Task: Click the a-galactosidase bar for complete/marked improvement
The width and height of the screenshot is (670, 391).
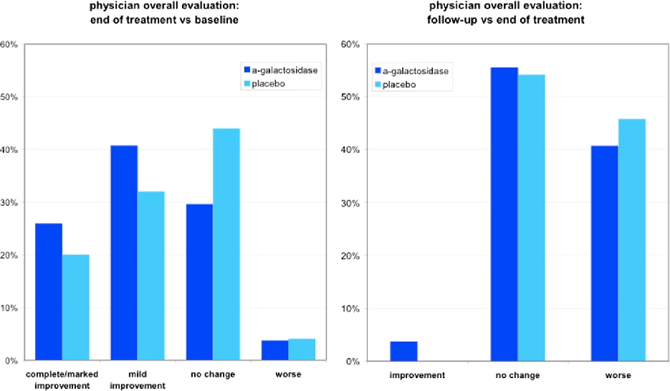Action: [48, 292]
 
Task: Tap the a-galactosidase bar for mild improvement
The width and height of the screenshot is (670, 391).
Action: [123, 253]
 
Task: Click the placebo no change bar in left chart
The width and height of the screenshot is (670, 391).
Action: [226, 245]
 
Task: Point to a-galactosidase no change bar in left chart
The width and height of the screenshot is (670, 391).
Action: [199, 283]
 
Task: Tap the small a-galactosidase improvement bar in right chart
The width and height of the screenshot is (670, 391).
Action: [403, 352]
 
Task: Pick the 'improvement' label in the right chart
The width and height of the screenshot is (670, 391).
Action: [417, 375]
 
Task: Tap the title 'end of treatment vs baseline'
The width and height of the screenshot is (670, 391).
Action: [164, 20]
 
